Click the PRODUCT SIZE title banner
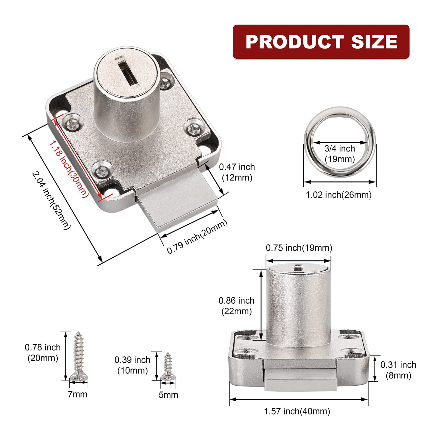(321, 42)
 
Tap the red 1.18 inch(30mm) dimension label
(68, 169)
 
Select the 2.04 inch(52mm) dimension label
(51, 201)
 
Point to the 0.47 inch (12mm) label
(237, 172)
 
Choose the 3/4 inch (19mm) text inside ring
(340, 154)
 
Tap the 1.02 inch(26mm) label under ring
(339, 195)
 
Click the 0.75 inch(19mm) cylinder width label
(299, 248)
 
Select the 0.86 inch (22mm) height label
(236, 306)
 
